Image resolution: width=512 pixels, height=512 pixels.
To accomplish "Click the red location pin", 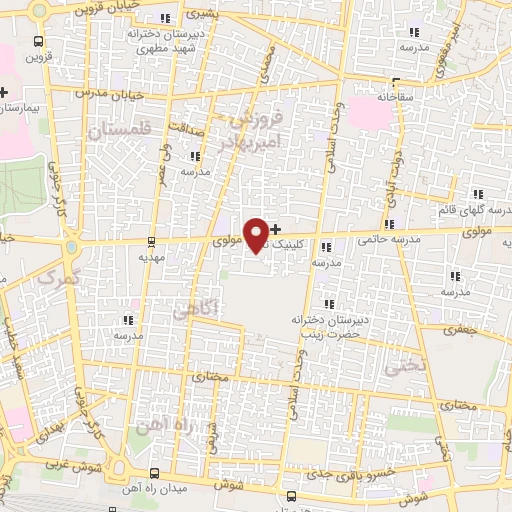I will [x=257, y=234].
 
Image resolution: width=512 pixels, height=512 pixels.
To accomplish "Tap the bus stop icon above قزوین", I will [x=38, y=42].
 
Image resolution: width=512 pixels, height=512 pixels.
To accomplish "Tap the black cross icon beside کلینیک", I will [x=276, y=229].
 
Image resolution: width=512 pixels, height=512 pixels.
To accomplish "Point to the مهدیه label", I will [x=151, y=256].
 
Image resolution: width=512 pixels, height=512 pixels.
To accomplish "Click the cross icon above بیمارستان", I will [x=4, y=93].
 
